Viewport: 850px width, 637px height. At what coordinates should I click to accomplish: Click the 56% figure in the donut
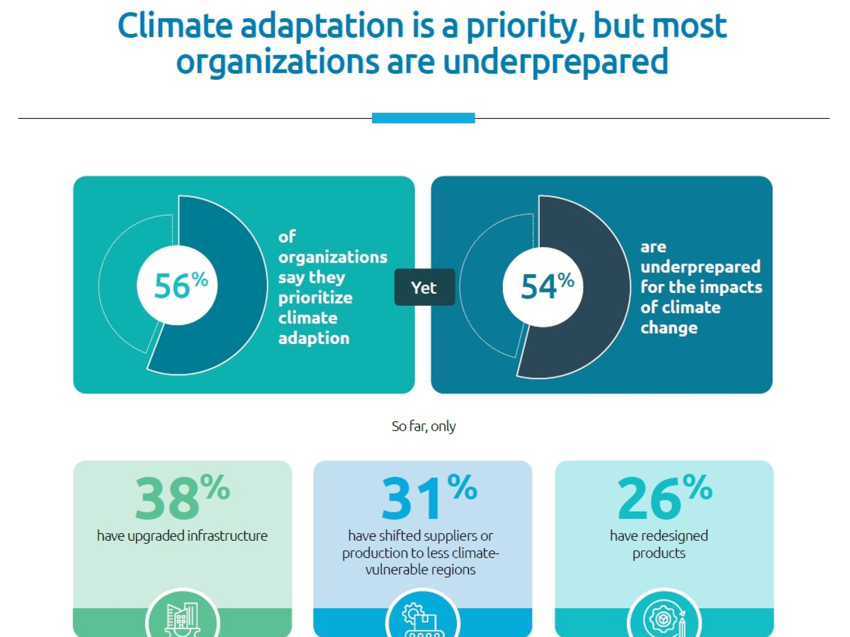coord(181,287)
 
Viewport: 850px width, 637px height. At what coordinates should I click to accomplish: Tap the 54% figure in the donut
coord(547,287)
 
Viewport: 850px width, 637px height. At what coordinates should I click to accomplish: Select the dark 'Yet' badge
coord(424,287)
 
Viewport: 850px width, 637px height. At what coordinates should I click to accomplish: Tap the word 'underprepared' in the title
coord(555,62)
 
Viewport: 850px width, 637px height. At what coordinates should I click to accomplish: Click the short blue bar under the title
coord(423,118)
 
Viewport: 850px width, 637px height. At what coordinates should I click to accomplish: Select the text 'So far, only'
coord(424,426)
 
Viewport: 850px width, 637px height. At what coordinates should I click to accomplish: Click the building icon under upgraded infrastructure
coord(182,617)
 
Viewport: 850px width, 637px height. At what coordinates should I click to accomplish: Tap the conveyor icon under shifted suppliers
coord(423,619)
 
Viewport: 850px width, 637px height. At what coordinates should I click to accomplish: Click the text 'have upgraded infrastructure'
coord(182,536)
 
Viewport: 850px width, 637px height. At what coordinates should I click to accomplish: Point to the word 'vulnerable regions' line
coord(423,570)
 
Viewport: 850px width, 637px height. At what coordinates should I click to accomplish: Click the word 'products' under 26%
coord(659,553)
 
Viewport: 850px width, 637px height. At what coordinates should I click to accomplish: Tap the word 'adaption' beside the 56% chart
coord(314,338)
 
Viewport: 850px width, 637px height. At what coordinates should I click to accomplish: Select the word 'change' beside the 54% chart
coord(669,328)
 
